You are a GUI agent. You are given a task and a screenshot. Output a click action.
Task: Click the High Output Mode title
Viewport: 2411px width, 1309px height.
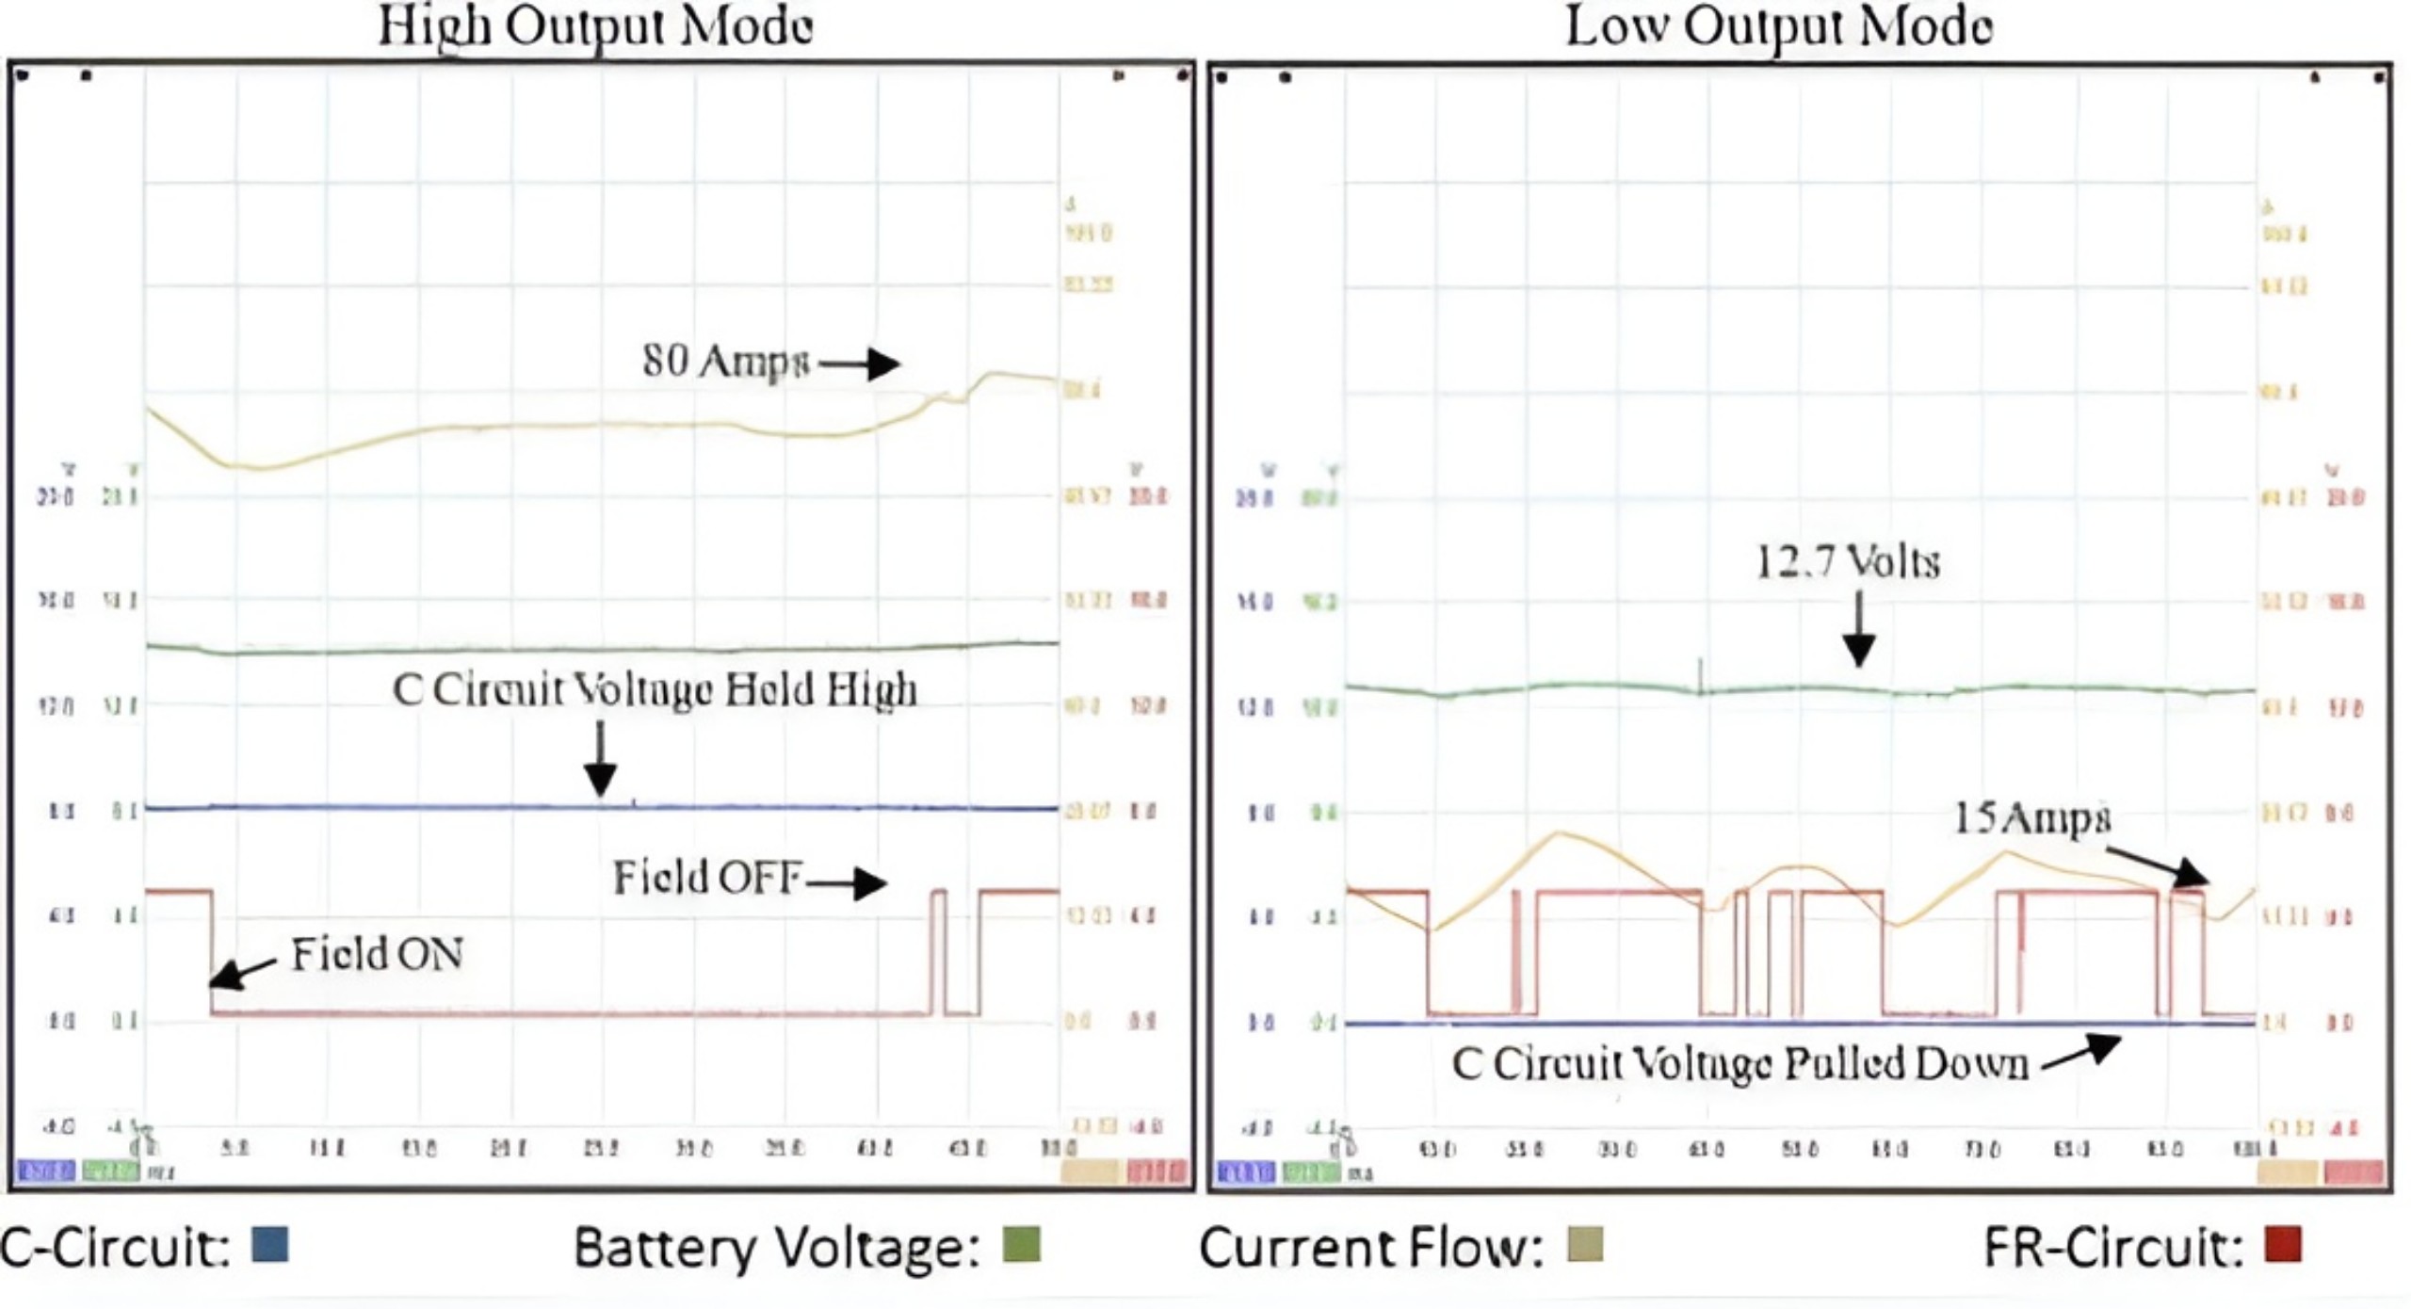(x=595, y=26)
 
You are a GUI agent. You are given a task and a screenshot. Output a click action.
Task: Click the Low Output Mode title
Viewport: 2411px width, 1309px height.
(x=1778, y=26)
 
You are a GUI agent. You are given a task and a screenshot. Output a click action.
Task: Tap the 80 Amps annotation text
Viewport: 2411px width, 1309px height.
(x=725, y=362)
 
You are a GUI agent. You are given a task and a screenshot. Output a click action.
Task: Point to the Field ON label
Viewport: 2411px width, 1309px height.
(x=377, y=955)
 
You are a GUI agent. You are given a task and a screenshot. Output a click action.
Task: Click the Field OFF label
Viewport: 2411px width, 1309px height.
(x=706, y=878)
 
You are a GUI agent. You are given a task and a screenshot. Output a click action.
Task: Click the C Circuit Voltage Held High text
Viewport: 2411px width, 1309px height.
(x=655, y=690)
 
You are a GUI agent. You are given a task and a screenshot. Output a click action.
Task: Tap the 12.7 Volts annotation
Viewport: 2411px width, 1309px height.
(x=1848, y=562)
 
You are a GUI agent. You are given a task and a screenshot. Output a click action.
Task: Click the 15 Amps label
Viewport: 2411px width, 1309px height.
(x=2032, y=817)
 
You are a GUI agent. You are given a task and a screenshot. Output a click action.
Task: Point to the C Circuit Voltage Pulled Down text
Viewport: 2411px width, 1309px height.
(x=1739, y=1064)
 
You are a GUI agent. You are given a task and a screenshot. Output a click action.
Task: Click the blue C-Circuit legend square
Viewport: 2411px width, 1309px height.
(x=270, y=1244)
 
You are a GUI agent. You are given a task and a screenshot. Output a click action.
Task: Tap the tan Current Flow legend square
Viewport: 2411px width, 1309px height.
(x=1585, y=1244)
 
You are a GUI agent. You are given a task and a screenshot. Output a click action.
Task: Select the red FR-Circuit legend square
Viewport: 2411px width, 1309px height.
(x=2284, y=1244)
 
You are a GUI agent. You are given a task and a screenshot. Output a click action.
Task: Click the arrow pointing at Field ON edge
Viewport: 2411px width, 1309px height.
(x=243, y=974)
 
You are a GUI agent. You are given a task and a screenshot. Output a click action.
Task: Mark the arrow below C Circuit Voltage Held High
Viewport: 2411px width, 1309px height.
(x=600, y=759)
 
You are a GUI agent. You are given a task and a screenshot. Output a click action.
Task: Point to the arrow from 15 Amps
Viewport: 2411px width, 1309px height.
(x=2157, y=866)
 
